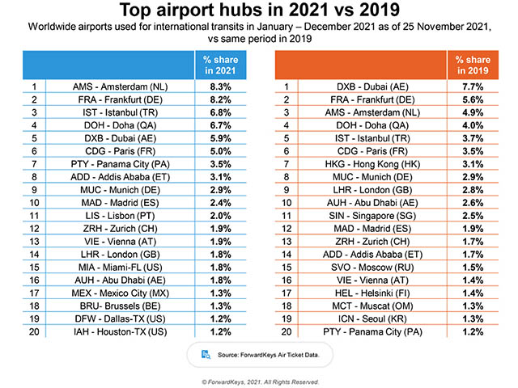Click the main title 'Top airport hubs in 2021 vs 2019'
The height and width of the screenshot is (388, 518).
click(259, 11)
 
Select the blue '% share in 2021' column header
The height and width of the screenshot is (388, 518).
click(216, 65)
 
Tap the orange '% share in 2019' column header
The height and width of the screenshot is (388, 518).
click(475, 65)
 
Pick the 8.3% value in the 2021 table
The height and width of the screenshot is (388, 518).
click(216, 84)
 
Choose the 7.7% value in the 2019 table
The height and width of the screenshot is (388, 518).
click(475, 84)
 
